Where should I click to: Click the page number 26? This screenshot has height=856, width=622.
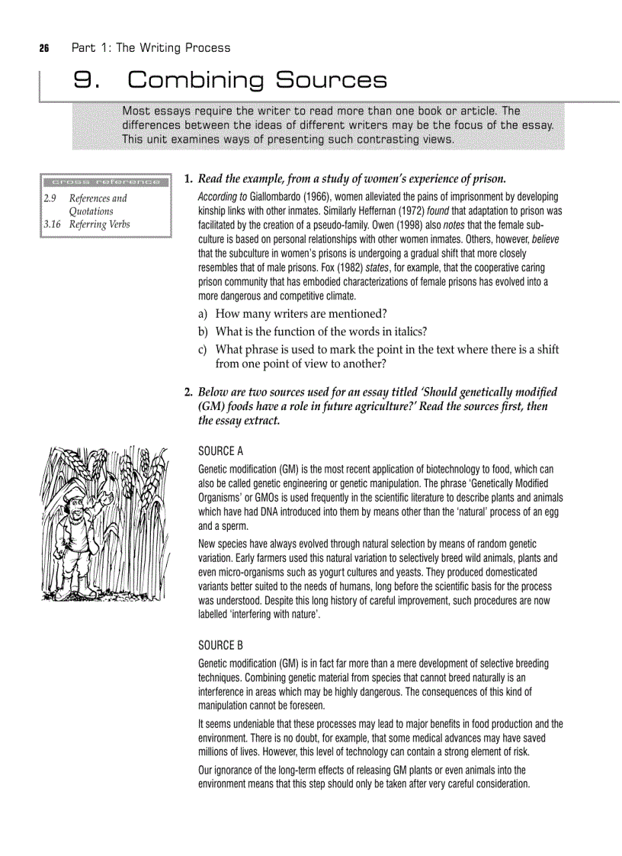[43, 48]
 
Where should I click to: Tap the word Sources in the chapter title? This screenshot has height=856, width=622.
[331, 80]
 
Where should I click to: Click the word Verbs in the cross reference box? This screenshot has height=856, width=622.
[117, 225]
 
